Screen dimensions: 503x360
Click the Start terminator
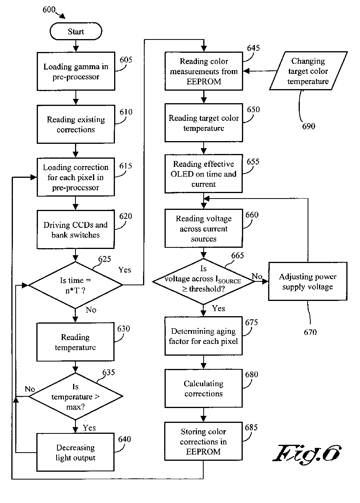tap(76, 32)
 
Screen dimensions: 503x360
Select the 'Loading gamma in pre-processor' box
tap(76, 72)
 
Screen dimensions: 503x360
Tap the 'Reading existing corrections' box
tap(76, 124)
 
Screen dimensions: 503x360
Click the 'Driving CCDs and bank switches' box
tap(76, 230)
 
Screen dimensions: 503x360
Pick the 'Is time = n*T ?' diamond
tap(76, 285)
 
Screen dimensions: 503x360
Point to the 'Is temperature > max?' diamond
tap(76, 397)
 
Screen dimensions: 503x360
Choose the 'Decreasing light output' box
tap(76, 453)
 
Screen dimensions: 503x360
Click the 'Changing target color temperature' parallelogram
tap(308, 72)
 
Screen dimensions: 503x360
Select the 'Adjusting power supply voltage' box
tap(308, 282)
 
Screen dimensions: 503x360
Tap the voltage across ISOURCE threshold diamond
tap(203, 281)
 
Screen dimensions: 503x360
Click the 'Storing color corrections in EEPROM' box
tap(203, 442)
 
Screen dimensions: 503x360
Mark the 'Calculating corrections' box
tap(203, 389)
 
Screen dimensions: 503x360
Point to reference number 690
tap(309, 126)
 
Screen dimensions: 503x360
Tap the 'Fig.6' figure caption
tap(307, 454)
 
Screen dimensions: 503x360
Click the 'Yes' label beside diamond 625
tap(125, 270)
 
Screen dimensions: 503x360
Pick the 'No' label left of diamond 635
tap(30, 389)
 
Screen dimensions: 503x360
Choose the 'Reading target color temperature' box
tap(203, 123)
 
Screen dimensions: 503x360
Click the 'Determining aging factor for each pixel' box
tap(203, 336)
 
